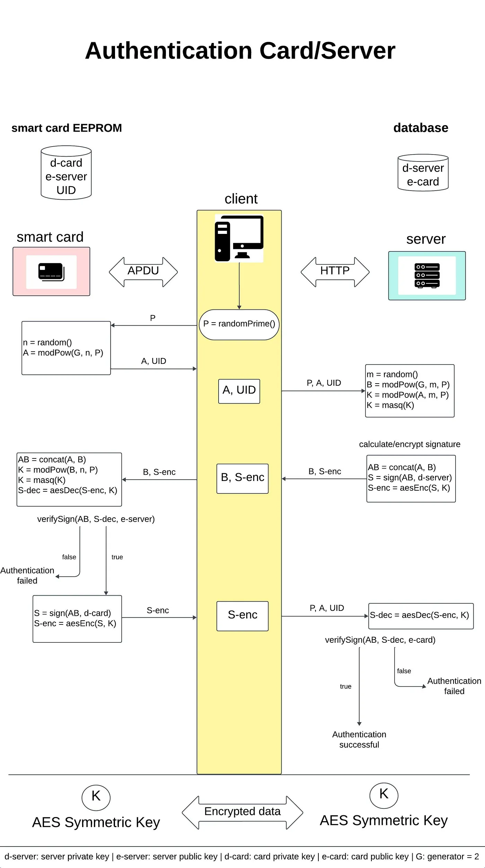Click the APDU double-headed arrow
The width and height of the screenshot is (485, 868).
pos(143,272)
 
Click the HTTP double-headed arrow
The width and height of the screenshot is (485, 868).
pos(335,272)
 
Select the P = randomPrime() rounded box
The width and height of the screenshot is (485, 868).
pos(239,324)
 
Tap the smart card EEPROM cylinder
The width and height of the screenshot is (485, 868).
pos(66,173)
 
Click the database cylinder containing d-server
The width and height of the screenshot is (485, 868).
pos(423,173)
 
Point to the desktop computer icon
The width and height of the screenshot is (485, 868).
pos(239,238)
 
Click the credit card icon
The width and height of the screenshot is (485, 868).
pos(51,272)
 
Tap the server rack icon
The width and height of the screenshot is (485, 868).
pos(427,275)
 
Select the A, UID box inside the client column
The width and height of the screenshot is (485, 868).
pos(239,391)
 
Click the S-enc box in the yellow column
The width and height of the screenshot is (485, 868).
pos(242,616)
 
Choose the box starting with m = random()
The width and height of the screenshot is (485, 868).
pos(409,391)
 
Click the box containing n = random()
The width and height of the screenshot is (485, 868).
pos(66,348)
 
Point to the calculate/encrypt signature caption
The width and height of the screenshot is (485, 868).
pos(409,444)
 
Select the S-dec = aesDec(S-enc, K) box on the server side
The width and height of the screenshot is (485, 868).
pos(421,616)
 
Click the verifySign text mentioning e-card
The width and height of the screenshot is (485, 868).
pos(380,640)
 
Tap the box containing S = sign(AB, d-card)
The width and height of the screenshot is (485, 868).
pos(77,619)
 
